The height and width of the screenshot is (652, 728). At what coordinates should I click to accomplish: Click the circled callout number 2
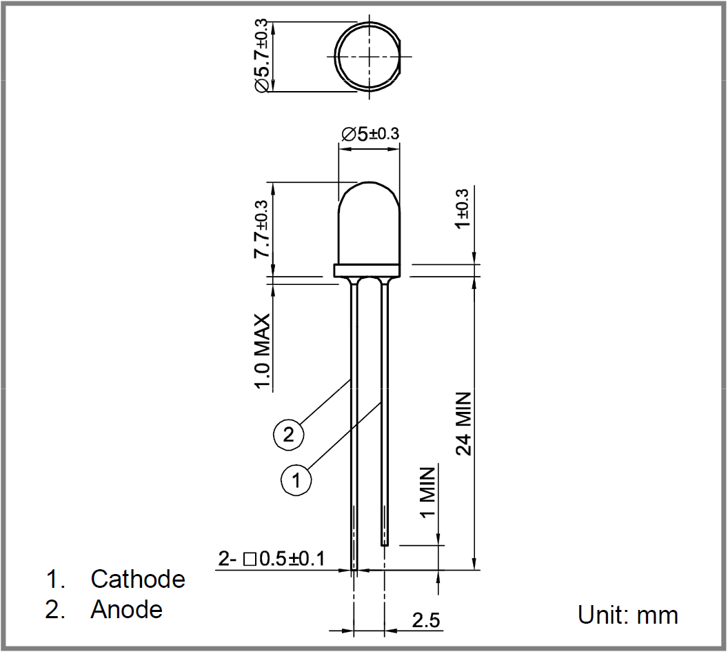click(x=288, y=435)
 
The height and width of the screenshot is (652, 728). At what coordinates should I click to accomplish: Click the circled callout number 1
click(x=296, y=480)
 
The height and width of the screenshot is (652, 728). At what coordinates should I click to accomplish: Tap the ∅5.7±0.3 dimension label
click(x=261, y=56)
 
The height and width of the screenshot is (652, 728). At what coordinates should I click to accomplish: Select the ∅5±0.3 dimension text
click(x=370, y=134)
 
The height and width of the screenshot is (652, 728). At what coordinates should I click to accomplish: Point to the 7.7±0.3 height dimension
click(x=261, y=229)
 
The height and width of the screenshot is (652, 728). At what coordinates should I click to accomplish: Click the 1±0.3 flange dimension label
click(x=463, y=208)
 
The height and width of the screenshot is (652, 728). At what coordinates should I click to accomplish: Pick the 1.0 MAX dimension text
click(x=262, y=351)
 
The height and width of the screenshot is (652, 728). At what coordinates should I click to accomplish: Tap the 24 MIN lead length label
click(x=463, y=424)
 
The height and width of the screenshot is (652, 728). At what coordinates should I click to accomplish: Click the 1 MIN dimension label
click(x=427, y=492)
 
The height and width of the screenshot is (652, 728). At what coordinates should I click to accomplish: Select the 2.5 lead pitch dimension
click(x=426, y=620)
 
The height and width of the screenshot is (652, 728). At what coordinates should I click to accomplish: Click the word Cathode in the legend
click(x=138, y=579)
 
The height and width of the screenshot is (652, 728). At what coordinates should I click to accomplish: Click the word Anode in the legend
click(x=126, y=609)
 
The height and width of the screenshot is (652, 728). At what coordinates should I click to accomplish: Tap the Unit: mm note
click(x=628, y=615)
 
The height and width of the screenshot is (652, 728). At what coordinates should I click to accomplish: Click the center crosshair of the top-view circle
click(x=369, y=57)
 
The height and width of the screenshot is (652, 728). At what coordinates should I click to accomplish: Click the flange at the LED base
click(x=367, y=270)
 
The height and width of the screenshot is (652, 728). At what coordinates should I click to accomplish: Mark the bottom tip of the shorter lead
click(x=385, y=546)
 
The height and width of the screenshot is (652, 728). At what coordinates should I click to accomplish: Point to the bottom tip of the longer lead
click(x=354, y=570)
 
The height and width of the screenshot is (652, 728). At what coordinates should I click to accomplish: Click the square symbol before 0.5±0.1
click(x=250, y=560)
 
